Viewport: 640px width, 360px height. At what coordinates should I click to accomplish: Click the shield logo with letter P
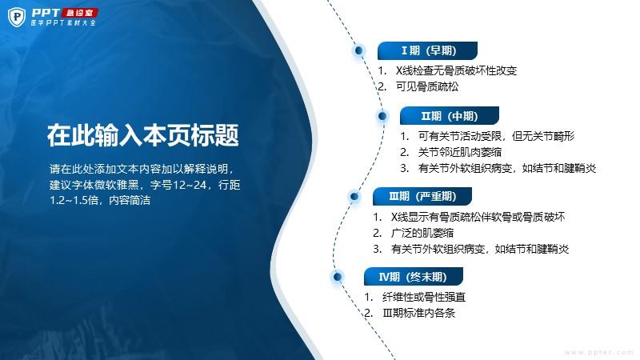pos(17,17)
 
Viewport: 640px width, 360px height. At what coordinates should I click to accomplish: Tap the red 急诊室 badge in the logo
pos(79,13)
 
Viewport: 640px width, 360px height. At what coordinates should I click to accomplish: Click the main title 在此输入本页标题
pos(143,135)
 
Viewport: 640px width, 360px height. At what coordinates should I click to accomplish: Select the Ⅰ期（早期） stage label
pos(427,50)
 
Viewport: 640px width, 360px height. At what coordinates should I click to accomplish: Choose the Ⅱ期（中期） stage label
pos(450,116)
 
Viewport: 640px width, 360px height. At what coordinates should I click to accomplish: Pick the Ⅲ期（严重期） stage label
pos(422,196)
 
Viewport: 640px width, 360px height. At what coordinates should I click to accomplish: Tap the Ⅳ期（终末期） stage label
pos(414,277)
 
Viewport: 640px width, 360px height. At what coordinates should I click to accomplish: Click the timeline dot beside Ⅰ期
pos(358,50)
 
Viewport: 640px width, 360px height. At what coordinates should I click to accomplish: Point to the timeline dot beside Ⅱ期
pos(382,116)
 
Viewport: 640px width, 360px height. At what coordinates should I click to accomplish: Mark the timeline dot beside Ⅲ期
pos(354,196)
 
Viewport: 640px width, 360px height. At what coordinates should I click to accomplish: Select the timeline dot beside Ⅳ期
pos(337,277)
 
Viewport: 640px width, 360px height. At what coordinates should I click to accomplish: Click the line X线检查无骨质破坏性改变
pos(456,70)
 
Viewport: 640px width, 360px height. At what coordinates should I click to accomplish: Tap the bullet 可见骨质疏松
pos(427,86)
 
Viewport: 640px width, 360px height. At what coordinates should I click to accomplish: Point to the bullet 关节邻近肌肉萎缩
pos(459,152)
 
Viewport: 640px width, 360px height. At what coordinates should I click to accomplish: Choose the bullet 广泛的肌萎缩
pos(422,233)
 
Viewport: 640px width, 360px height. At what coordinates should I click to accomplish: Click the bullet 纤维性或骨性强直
pos(424,297)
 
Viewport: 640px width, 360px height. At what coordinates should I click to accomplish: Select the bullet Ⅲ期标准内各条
pos(418,313)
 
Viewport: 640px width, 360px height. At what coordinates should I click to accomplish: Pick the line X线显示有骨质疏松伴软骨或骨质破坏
pos(478,217)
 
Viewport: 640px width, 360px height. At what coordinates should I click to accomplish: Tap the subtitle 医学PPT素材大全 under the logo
pos(63,23)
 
